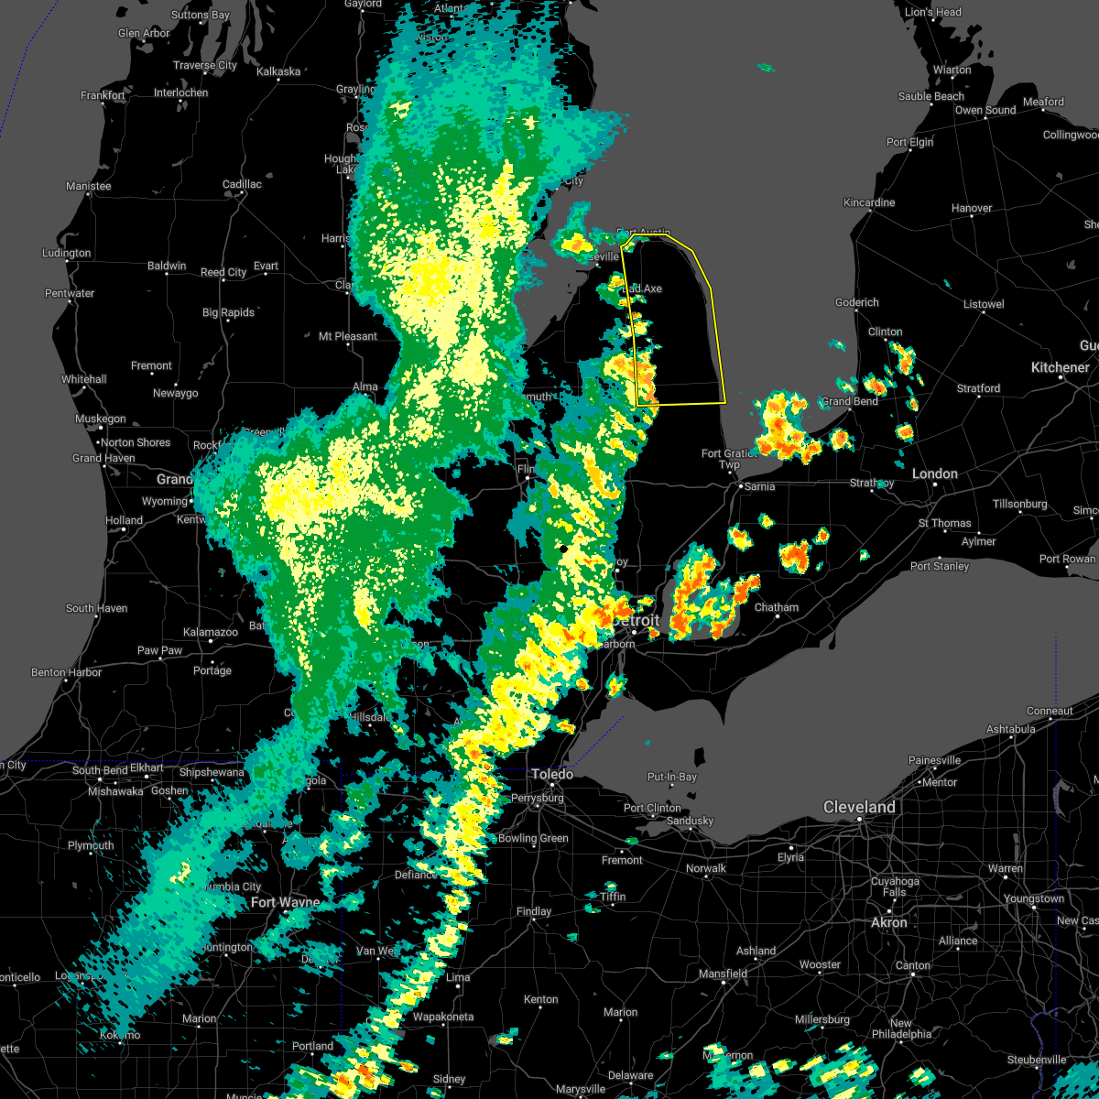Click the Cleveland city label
pyautogui.click(x=858, y=808)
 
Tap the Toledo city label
pyautogui.click(x=552, y=775)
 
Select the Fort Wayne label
pyautogui.click(x=286, y=903)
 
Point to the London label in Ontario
pyautogui.click(x=934, y=474)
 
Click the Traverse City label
pyautogui.click(x=205, y=66)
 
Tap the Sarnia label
pyautogui.click(x=759, y=487)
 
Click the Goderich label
pyautogui.click(x=856, y=303)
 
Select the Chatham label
pyautogui.click(x=776, y=608)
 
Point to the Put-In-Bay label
pyautogui.click(x=671, y=778)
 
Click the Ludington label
pyautogui.click(x=67, y=254)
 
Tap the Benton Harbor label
pyautogui.click(x=60, y=673)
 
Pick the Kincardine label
pyautogui.click(x=869, y=202)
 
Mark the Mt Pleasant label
pyautogui.click(x=348, y=337)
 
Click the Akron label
pyautogui.click(x=888, y=923)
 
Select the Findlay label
pyautogui.click(x=534, y=912)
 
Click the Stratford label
pyautogui.click(x=978, y=389)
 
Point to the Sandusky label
pyautogui.click(x=690, y=822)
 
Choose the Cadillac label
pyautogui.click(x=242, y=185)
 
